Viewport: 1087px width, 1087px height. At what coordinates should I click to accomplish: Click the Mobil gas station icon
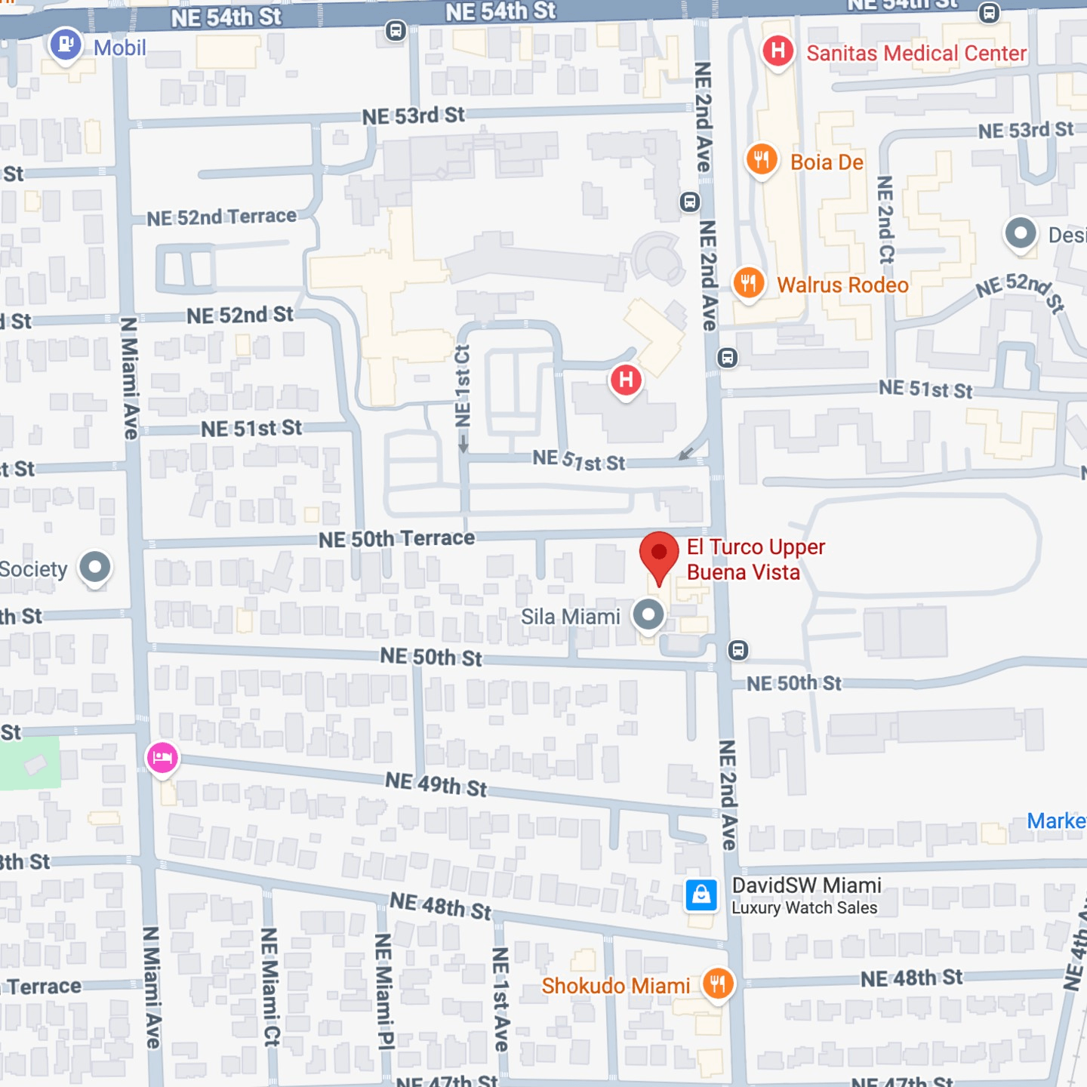(x=66, y=44)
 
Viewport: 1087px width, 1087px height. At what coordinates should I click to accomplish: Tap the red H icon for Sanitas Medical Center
(x=778, y=51)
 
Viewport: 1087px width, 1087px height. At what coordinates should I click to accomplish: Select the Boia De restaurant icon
(x=762, y=159)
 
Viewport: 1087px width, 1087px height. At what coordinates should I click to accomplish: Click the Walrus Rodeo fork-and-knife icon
(x=749, y=283)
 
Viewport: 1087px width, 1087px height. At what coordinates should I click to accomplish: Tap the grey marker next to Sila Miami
(x=648, y=614)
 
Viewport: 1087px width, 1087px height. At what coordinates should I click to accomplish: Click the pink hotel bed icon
(x=162, y=757)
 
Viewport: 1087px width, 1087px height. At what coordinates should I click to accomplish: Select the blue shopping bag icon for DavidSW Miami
(x=701, y=895)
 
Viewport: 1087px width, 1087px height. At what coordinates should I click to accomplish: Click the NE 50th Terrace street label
(x=396, y=539)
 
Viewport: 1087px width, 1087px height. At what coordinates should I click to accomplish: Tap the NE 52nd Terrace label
(x=221, y=217)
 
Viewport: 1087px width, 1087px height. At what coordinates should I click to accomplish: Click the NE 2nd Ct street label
(x=886, y=220)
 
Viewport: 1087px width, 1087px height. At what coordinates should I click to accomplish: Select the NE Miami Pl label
(x=383, y=991)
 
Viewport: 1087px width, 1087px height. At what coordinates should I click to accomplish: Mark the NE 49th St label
(x=436, y=785)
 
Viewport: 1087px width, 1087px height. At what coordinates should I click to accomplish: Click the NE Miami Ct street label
(x=269, y=987)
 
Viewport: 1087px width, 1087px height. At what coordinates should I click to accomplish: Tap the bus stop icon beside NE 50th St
(x=738, y=650)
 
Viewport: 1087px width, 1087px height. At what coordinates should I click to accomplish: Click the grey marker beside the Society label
(x=95, y=567)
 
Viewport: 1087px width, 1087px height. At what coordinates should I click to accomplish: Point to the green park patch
(x=29, y=762)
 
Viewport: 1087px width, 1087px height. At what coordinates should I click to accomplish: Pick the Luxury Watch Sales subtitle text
(x=804, y=908)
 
